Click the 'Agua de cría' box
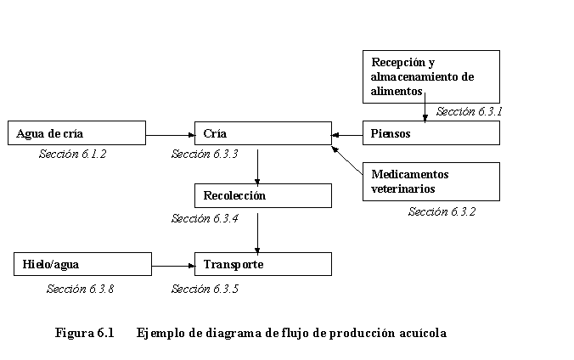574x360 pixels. coord(76,133)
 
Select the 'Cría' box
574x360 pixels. coord(262,133)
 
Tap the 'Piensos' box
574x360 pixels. coord(431,133)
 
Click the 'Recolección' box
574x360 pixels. coord(262,196)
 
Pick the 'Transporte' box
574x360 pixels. coord(262,264)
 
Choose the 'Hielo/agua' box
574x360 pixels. coord(83,264)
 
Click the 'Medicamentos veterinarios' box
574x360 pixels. coord(431,182)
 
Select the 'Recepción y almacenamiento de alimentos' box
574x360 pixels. coord(431,76)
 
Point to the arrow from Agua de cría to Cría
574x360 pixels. coord(170,134)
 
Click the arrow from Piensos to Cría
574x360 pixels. coord(347,134)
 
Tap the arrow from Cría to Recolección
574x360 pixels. coord(257,165)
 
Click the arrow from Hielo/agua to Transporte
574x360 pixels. coord(173,265)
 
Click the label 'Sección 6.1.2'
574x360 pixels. coord(73,155)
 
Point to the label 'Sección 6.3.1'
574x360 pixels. coord(470,111)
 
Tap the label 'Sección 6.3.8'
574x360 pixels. coord(80,289)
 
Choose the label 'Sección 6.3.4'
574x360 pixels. coord(205,218)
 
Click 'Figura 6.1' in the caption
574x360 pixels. coord(84,333)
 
